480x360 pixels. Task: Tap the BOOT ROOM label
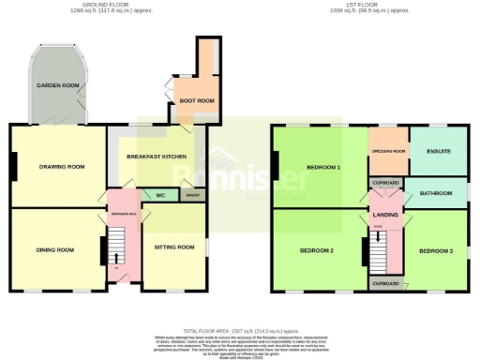[x=197, y=100]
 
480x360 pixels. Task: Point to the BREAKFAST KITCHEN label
[x=157, y=157]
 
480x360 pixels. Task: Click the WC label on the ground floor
[x=160, y=196]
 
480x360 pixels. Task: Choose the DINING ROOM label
[x=54, y=250]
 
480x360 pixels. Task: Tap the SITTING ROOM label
[x=174, y=247]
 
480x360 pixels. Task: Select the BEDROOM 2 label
[x=317, y=251]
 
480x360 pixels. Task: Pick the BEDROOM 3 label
[x=436, y=251]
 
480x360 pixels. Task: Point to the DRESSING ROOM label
[x=387, y=151]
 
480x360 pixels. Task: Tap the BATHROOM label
[x=436, y=194]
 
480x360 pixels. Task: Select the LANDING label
[x=385, y=216]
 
